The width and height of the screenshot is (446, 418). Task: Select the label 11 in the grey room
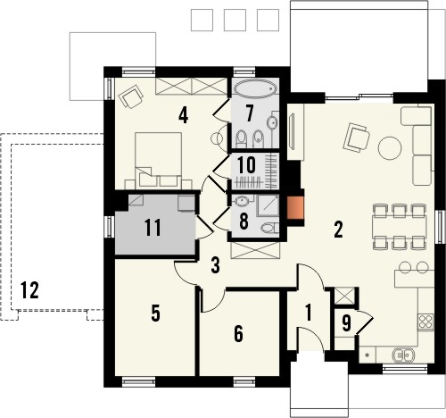point(153,227)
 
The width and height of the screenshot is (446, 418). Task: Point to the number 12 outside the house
point(30,288)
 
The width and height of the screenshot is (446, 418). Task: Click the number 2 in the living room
point(338,228)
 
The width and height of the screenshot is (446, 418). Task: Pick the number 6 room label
point(237,332)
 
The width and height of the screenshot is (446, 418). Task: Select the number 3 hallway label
point(215,264)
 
